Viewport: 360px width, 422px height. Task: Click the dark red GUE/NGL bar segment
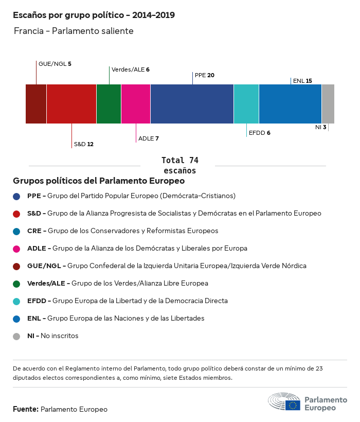(36, 104)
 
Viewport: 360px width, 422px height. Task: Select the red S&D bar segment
(71, 104)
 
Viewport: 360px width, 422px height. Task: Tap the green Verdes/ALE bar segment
(109, 104)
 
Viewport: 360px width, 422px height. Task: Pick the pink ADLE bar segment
(136, 104)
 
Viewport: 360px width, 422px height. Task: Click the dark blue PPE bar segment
(192, 104)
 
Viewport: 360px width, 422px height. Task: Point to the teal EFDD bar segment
(246, 104)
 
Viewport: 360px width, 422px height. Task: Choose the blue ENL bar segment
(290, 104)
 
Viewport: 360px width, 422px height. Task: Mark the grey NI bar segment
(328, 104)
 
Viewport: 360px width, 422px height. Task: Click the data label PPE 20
(205, 75)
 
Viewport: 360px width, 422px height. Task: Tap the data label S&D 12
(83, 144)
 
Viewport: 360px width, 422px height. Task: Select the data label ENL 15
(302, 81)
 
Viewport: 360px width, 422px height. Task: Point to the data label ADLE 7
(149, 138)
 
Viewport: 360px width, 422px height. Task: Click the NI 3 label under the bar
(321, 127)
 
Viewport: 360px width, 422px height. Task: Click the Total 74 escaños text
(179, 165)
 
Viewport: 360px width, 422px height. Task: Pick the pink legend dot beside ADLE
(17, 249)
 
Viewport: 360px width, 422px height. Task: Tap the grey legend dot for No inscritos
(17, 336)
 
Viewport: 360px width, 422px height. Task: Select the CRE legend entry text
(122, 231)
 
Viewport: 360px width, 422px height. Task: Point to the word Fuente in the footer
(26, 409)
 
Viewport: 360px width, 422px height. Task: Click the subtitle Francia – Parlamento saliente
(74, 31)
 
